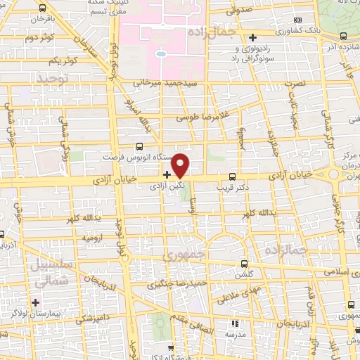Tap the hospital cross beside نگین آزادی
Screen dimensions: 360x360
click(167, 174)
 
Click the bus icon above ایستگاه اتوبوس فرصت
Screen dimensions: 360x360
click(139, 146)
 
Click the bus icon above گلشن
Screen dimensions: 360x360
click(244, 265)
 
